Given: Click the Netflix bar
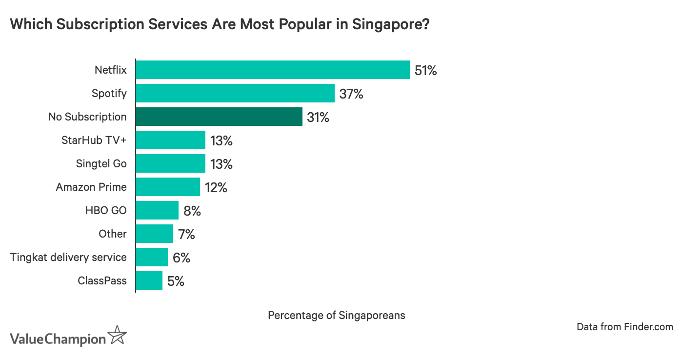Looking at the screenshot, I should pyautogui.click(x=272, y=70).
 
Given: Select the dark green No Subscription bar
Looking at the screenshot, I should pyautogui.click(x=219, y=117).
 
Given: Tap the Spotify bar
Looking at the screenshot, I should pyautogui.click(x=235, y=93).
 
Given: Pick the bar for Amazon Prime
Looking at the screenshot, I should pyautogui.click(x=167, y=187).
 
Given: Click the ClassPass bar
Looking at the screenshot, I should pyautogui.click(x=149, y=280).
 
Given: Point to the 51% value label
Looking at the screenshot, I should pyautogui.click(x=425, y=70).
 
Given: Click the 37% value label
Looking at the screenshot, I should pyautogui.click(x=351, y=94).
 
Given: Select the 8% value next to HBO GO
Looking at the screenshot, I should pyautogui.click(x=192, y=211).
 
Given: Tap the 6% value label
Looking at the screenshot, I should pyautogui.click(x=181, y=258).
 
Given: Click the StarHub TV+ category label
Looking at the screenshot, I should pyautogui.click(x=94, y=140).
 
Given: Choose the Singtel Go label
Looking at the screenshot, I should pyautogui.click(x=101, y=163).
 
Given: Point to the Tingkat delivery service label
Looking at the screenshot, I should pyautogui.click(x=68, y=257).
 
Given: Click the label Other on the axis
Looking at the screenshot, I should pyautogui.click(x=112, y=234).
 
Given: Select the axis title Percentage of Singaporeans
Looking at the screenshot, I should pyautogui.click(x=336, y=315).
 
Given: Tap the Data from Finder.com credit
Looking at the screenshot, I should pyautogui.click(x=624, y=327).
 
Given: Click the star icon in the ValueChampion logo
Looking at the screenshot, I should pyautogui.click(x=117, y=336).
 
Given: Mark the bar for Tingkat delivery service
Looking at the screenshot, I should pyautogui.click(x=152, y=257).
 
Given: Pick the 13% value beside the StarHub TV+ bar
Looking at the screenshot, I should pyautogui.click(x=221, y=140).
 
